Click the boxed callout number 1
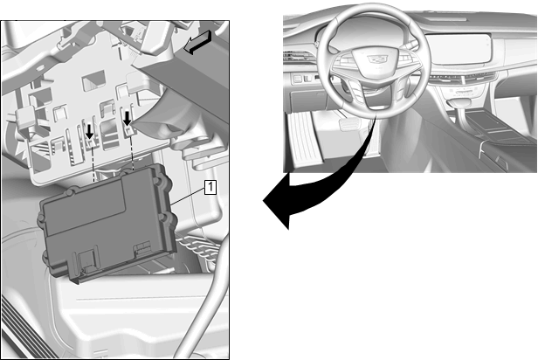click(x=210, y=187)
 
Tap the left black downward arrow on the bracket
click(x=89, y=131)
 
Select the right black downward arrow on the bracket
click(x=128, y=119)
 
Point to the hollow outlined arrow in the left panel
click(x=197, y=42)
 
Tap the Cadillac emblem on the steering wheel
click(x=377, y=59)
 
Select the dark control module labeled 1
click(x=108, y=223)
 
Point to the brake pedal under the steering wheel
click(x=348, y=124)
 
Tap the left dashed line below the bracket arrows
click(x=93, y=162)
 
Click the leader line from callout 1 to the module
click(x=188, y=196)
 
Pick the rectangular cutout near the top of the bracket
click(x=93, y=80)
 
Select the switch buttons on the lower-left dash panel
click(x=301, y=79)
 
